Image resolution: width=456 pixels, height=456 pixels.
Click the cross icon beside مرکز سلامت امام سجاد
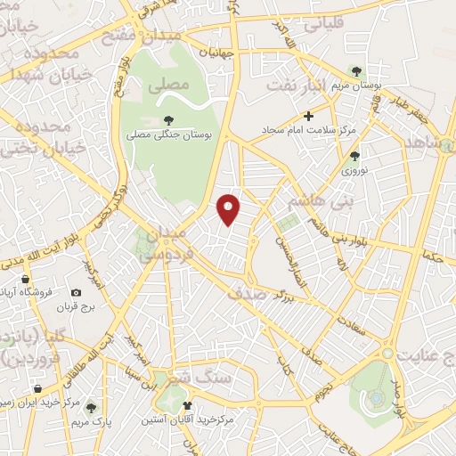(x=309, y=116)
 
